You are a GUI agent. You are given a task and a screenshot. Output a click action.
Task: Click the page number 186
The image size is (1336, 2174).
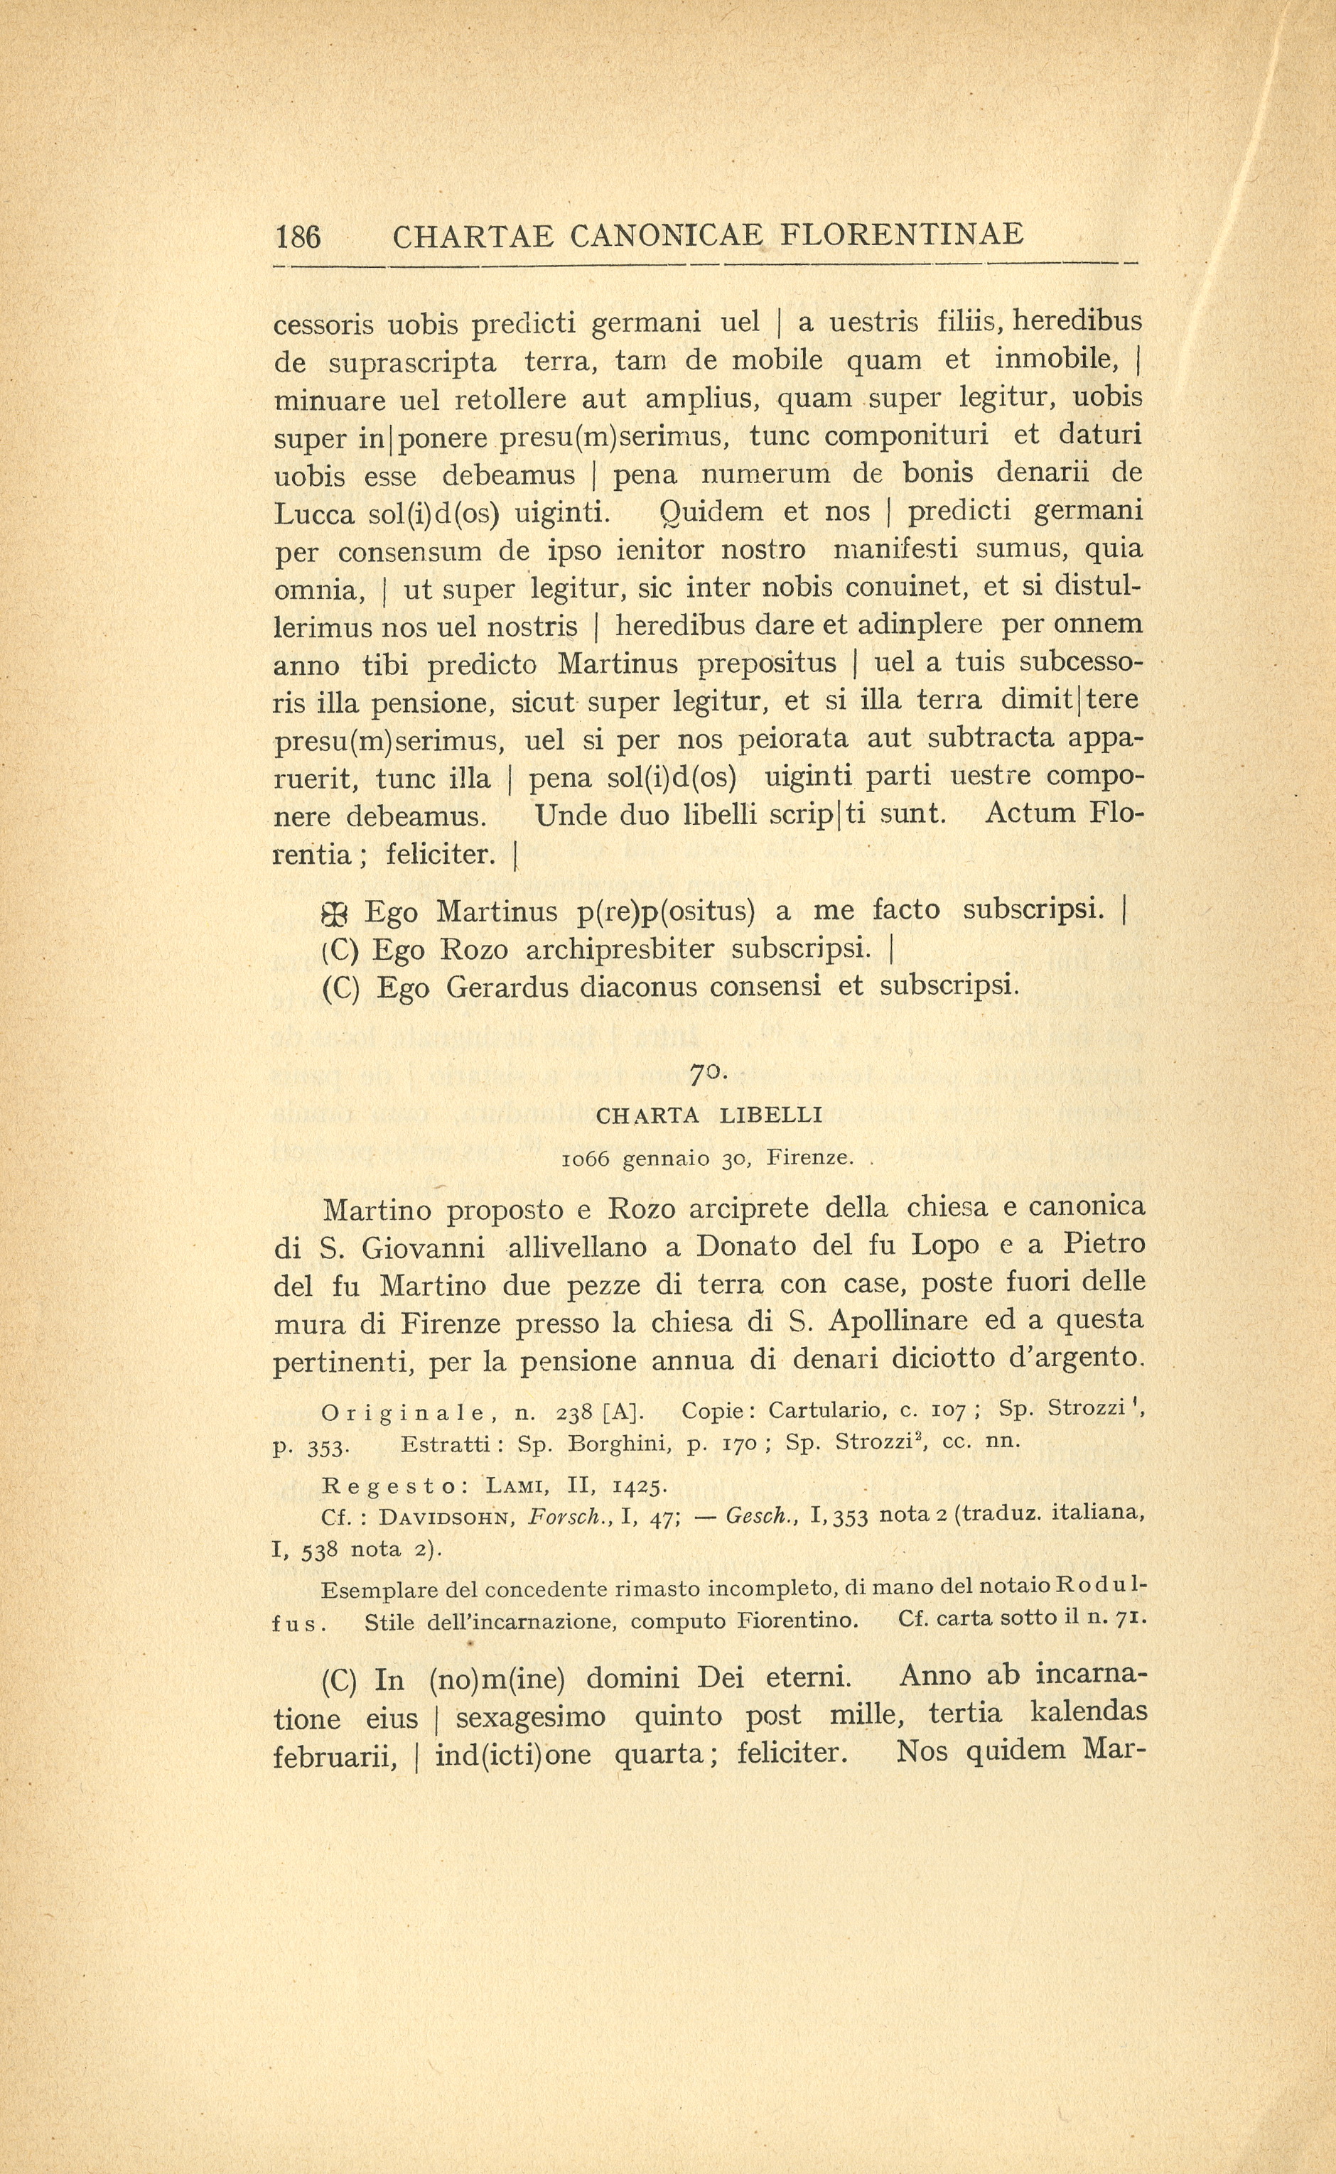click(x=298, y=237)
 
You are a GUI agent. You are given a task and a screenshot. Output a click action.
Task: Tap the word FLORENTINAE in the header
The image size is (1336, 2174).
click(x=903, y=234)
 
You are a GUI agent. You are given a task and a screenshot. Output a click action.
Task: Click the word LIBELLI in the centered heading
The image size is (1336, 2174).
click(x=771, y=1115)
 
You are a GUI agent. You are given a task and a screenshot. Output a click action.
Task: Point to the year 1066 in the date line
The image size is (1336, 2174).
click(x=586, y=1159)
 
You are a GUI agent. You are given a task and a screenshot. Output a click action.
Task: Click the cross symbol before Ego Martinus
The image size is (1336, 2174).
click(x=338, y=912)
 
